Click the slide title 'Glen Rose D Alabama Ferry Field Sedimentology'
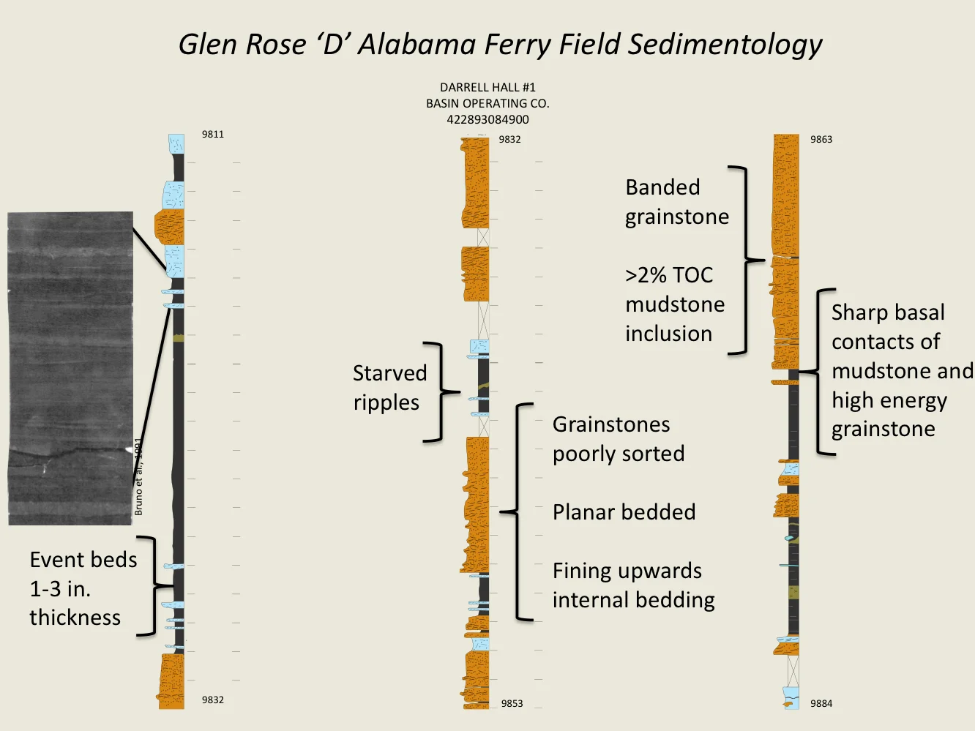click(500, 45)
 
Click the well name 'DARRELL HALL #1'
click(487, 88)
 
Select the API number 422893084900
click(487, 119)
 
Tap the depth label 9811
click(213, 135)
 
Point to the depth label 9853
click(512, 704)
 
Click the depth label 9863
click(821, 140)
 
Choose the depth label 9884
click(821, 704)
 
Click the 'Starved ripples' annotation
click(389, 388)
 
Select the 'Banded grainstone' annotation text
click(676, 202)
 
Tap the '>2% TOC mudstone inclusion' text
click(674, 304)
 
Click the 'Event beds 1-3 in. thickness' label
click(83, 588)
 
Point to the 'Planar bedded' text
click(624, 512)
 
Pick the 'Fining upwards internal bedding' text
click(633, 585)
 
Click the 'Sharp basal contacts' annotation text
click(900, 370)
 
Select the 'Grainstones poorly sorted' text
click(618, 439)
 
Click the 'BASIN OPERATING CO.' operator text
click(487, 104)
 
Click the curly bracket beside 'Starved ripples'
click(436, 392)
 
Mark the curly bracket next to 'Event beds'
click(149, 586)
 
